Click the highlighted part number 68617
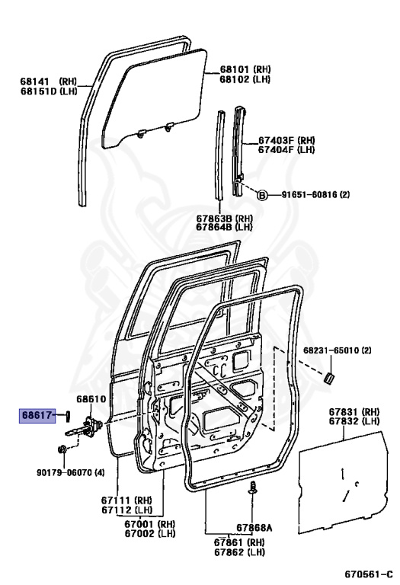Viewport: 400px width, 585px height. click(x=35, y=414)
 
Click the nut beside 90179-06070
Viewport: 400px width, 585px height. click(x=65, y=449)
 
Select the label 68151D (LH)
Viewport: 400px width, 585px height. click(x=49, y=91)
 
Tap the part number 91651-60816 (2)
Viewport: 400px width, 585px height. click(x=313, y=194)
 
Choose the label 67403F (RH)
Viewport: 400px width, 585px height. click(x=286, y=139)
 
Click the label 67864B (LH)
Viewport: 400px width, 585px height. click(x=224, y=226)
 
